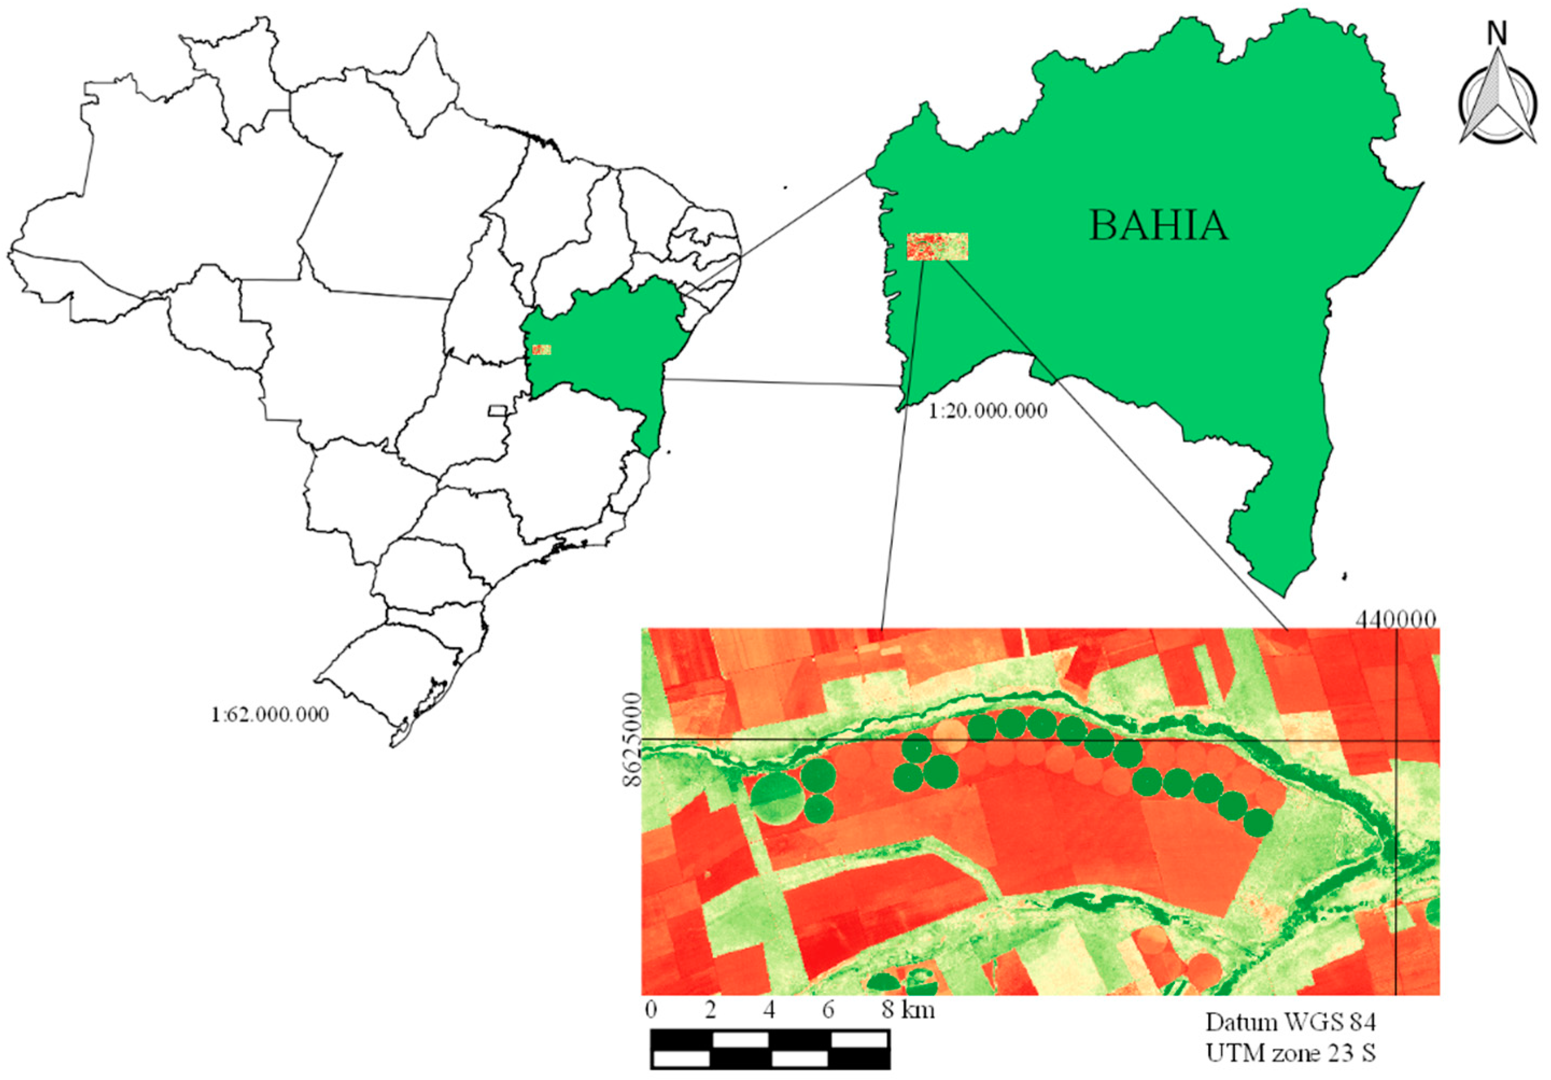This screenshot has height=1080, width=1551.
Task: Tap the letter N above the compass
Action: [1498, 33]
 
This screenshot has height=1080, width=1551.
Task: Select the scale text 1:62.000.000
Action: [270, 715]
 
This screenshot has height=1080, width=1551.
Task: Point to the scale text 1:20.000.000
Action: [988, 410]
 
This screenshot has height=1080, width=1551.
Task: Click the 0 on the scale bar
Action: [651, 1010]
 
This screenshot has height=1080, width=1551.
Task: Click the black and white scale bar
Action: [770, 1049]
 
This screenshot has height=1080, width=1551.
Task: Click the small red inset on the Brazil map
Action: [541, 349]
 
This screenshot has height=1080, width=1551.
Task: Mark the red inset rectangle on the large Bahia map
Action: [937, 246]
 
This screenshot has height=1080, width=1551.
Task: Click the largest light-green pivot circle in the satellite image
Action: [776, 799]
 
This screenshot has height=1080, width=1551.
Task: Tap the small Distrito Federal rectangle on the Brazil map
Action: [497, 410]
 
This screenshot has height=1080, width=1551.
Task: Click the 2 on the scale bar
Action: [710, 1010]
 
